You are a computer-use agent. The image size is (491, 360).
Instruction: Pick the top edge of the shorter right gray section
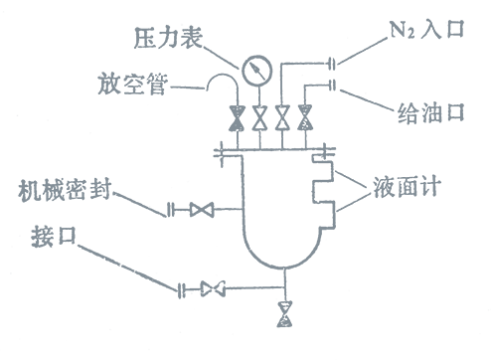pos(421,18)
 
